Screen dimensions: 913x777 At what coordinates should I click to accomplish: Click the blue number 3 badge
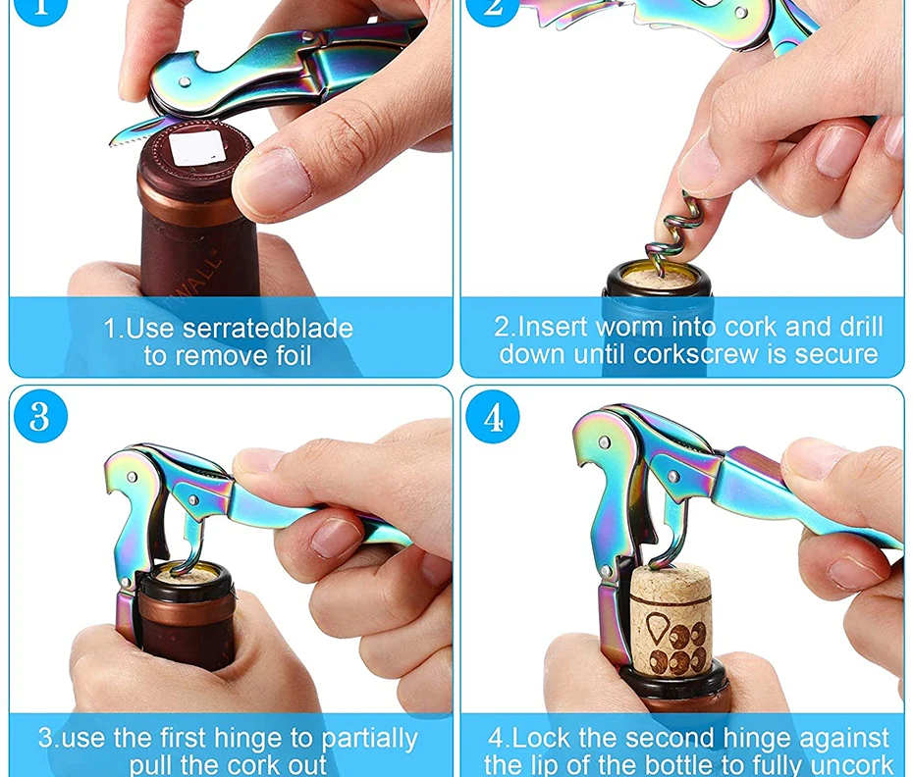coord(40,416)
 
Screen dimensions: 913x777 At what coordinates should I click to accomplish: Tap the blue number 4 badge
coord(493,417)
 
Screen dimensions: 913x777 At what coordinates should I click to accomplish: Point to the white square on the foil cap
coord(196,147)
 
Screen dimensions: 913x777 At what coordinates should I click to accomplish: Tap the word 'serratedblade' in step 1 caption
coord(268,329)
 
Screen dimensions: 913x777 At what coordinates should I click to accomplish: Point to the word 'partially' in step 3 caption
coord(369,739)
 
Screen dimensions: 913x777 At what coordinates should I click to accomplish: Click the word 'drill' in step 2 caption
coord(862,326)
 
